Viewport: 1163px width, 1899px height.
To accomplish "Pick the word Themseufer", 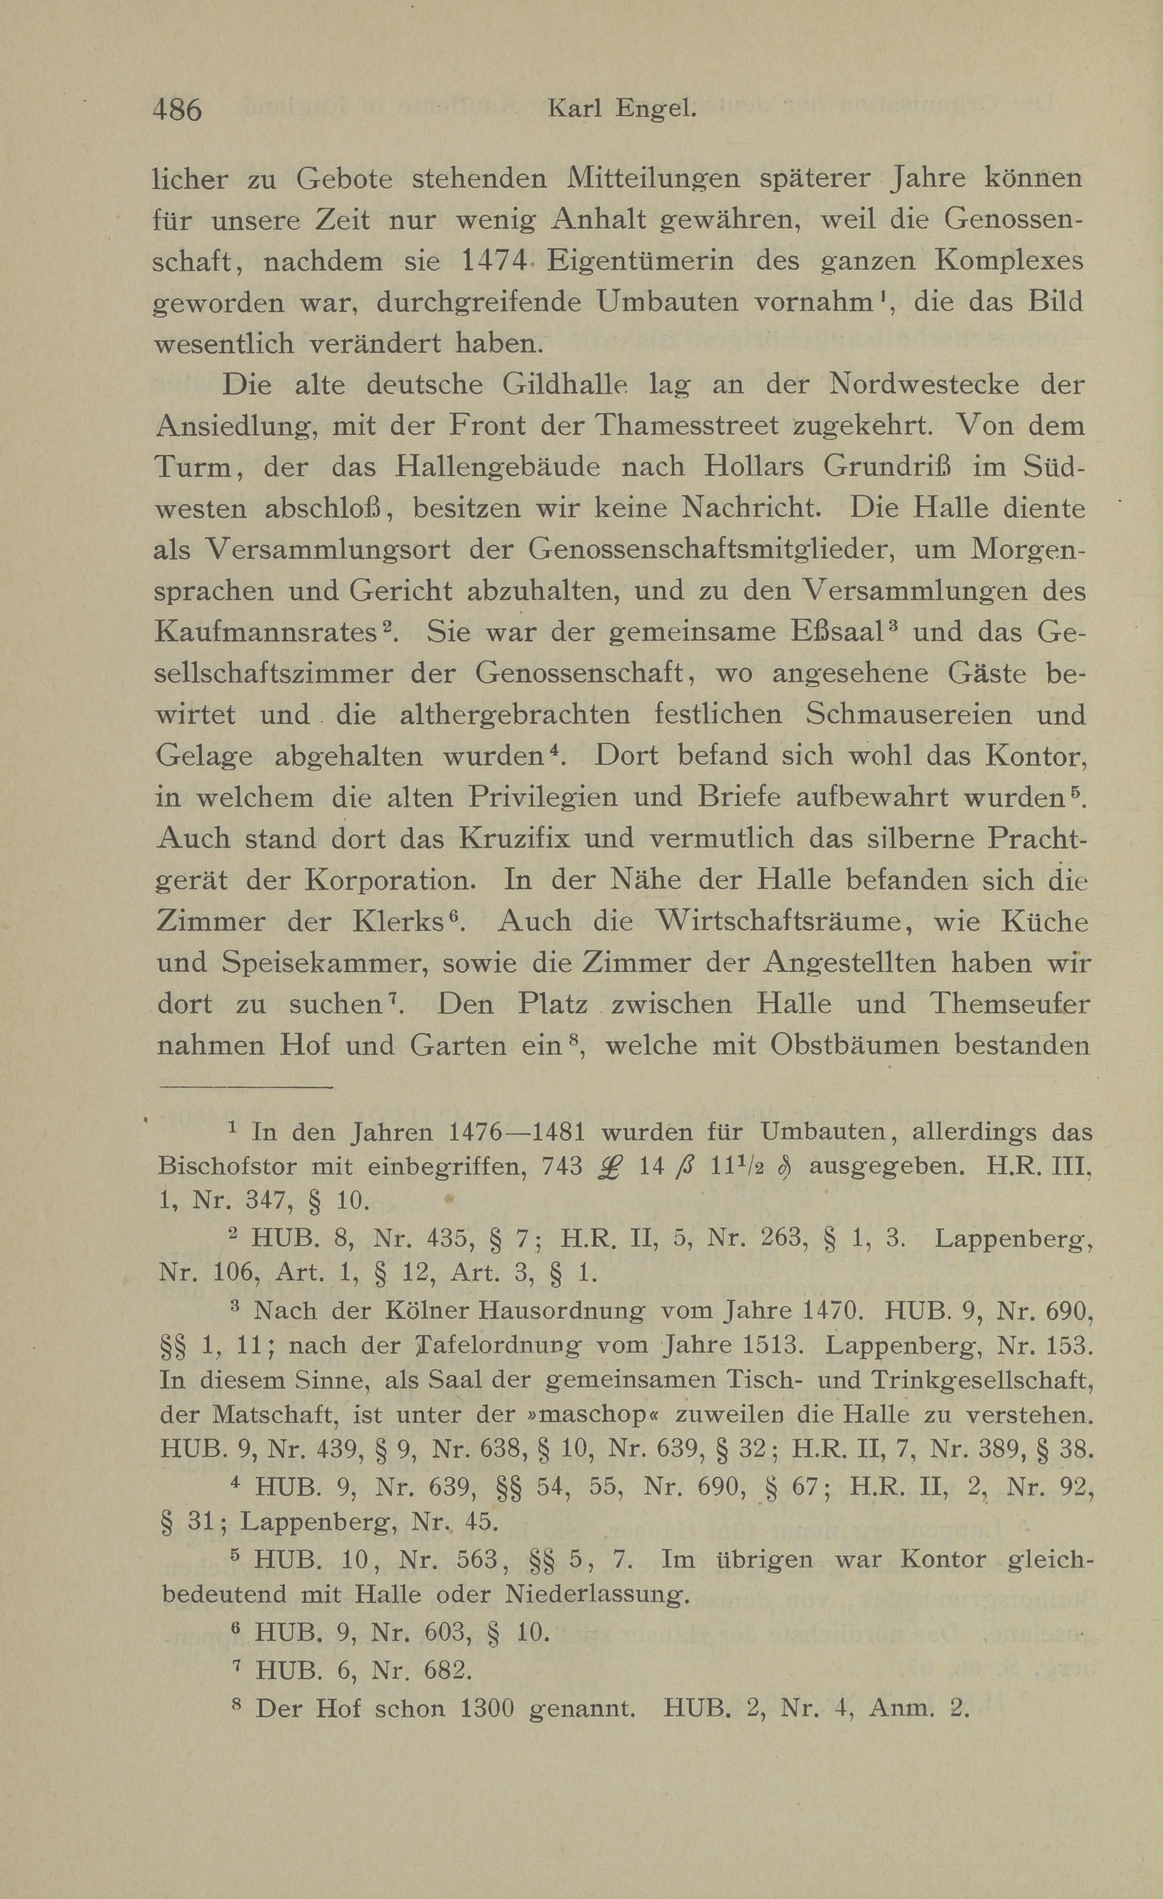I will tap(1010, 1004).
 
